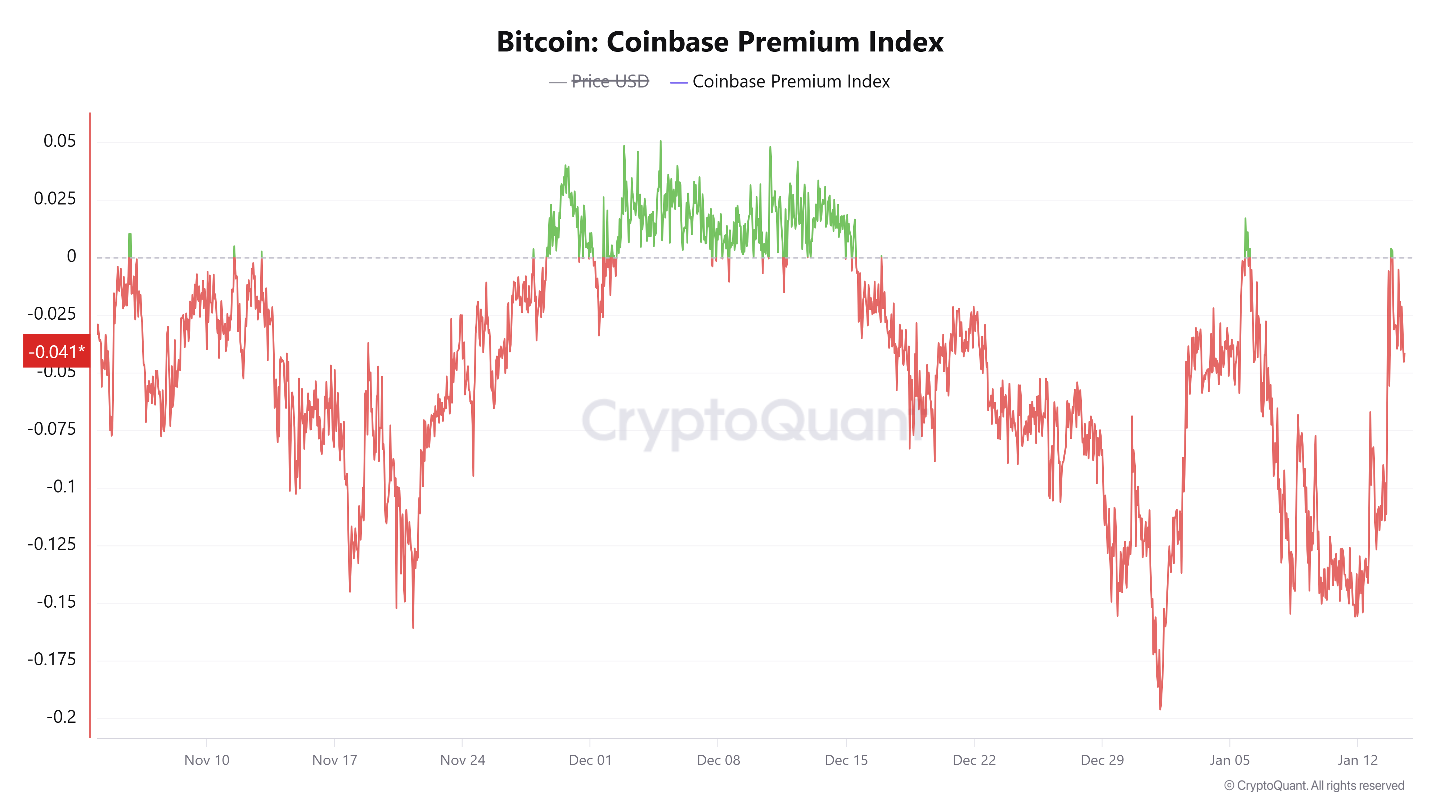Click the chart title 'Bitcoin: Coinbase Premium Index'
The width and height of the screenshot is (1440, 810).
coord(720,42)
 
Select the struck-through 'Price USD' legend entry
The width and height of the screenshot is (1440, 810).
coord(609,82)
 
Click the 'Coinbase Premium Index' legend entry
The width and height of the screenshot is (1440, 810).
coord(791,82)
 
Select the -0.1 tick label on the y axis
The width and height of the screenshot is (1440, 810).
coord(61,486)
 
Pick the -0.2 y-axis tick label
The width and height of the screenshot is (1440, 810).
coord(61,717)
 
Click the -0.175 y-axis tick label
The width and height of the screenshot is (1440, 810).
coord(51,659)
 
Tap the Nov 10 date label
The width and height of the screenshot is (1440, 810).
coord(207,760)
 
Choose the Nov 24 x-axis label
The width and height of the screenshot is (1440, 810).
coord(462,760)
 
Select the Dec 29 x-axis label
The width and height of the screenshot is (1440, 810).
coord(1102,760)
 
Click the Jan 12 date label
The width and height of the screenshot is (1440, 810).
coord(1357,760)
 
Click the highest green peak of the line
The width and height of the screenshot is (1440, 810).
coord(660,142)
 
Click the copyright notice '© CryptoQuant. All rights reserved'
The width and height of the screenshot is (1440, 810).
coord(1314,786)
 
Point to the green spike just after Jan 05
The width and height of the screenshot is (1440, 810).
coord(1245,220)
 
